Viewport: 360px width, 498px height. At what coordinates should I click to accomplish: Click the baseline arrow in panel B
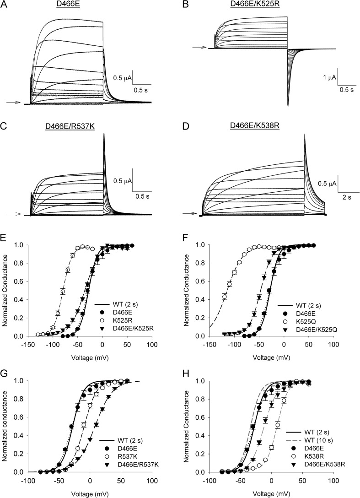pos(199,47)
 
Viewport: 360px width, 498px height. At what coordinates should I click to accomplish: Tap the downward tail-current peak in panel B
pos(288,106)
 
